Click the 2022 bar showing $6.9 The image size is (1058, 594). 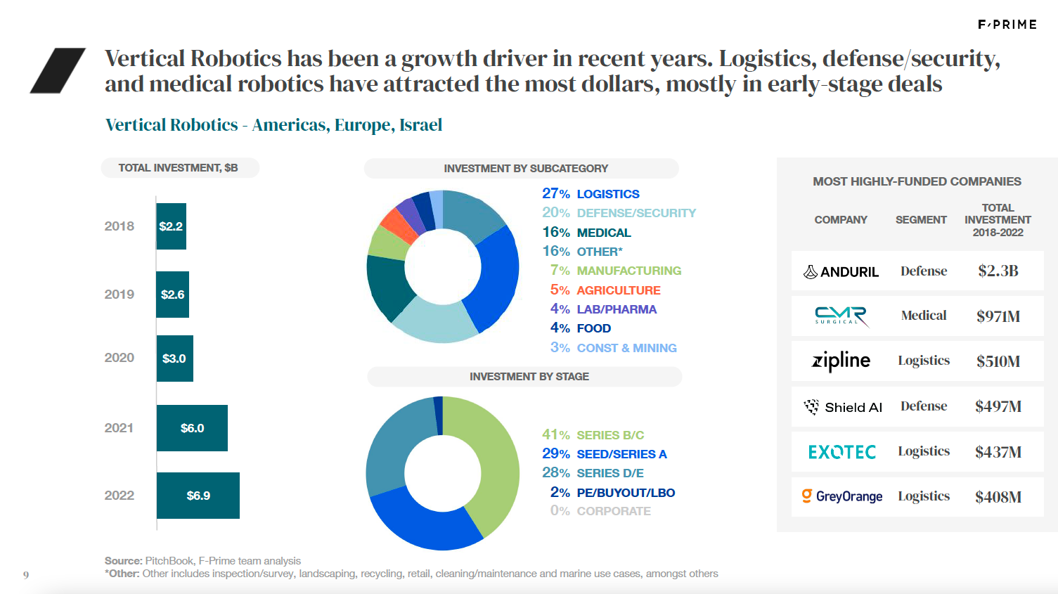(x=198, y=496)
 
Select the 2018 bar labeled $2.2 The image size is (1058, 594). (x=171, y=226)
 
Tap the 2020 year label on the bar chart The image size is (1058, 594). (x=119, y=358)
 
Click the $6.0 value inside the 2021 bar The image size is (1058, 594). (x=192, y=428)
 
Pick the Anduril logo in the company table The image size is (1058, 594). (x=841, y=272)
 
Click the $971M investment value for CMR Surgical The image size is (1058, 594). (x=998, y=316)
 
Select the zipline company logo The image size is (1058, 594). (x=841, y=361)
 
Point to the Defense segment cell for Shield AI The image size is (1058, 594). (x=924, y=406)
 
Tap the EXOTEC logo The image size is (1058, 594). (x=841, y=452)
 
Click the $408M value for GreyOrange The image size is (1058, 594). (x=998, y=497)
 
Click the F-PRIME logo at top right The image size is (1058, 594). (x=1007, y=25)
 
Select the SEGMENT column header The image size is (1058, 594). (x=921, y=220)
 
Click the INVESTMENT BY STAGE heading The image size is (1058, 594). (x=529, y=377)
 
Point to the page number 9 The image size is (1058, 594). (x=26, y=575)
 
